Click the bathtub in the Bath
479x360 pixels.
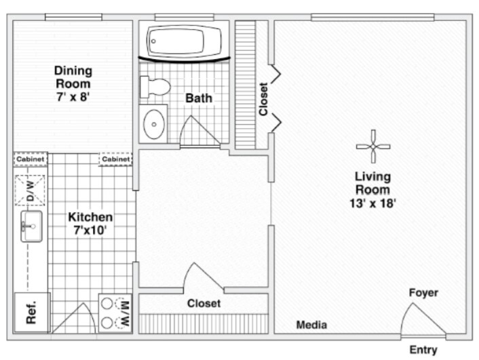coord(185,41)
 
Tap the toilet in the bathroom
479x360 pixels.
coord(155,87)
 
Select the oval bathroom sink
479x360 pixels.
coord(154,124)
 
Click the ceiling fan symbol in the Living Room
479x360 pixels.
coord(373,146)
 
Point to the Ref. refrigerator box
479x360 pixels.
coord(32,313)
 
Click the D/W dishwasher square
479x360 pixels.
coord(30,191)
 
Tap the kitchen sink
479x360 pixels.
coord(31,226)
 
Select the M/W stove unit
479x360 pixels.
coord(115,313)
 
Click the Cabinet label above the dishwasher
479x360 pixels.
coord(31,159)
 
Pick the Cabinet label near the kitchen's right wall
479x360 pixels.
coord(116,159)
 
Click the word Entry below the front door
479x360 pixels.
coord(423,350)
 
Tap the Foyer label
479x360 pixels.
coord(423,292)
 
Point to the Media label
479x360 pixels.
coord(311,325)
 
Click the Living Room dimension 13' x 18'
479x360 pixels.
coord(372,203)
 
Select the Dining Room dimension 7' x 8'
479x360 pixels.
coord(73,97)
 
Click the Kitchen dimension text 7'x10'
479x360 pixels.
coord(90,230)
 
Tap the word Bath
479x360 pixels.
coord(199,98)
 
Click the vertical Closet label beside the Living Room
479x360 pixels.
coord(263,99)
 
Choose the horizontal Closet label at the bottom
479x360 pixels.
coord(204,303)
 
